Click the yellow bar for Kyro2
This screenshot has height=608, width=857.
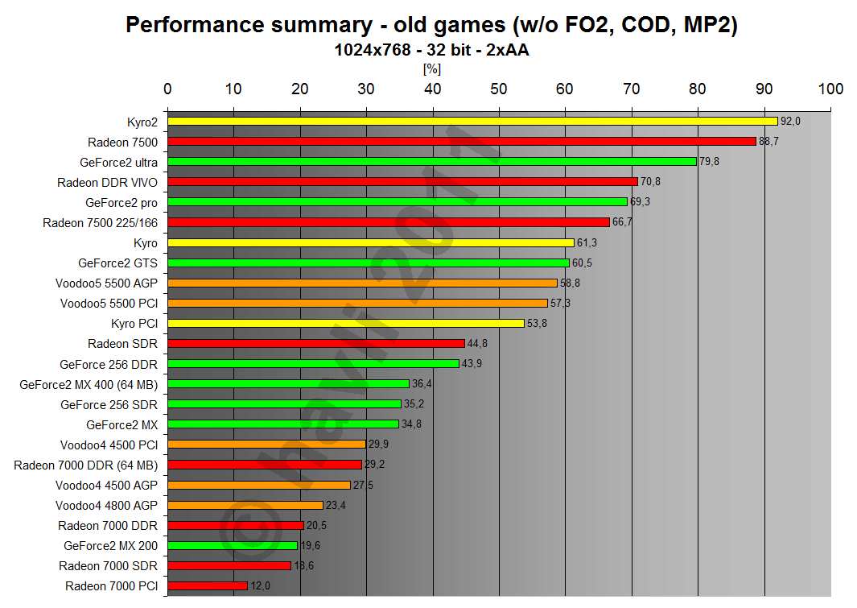pyautogui.click(x=472, y=121)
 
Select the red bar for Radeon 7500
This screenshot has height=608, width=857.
pyautogui.click(x=461, y=141)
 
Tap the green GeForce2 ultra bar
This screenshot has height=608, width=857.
pyautogui.click(x=431, y=161)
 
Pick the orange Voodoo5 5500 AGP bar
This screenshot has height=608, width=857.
pyautogui.click(x=362, y=283)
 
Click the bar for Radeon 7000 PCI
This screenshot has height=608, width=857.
pyautogui.click(x=208, y=585)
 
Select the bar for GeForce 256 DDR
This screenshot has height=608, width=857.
pyautogui.click(x=313, y=363)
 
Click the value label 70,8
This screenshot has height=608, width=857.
pyautogui.click(x=650, y=182)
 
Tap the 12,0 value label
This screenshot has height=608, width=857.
pyautogui.click(x=261, y=586)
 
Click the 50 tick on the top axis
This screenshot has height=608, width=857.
pyautogui.click(x=499, y=89)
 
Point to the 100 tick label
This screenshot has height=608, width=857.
pyautogui.click(x=830, y=89)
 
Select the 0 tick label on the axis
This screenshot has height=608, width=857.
pyautogui.click(x=167, y=89)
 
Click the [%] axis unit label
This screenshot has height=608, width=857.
pyautogui.click(x=432, y=69)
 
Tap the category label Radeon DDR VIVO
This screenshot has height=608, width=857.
pyautogui.click(x=107, y=182)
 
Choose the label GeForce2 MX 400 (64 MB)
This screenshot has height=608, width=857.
pyautogui.click(x=89, y=384)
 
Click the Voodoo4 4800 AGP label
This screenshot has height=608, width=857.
pyautogui.click(x=106, y=505)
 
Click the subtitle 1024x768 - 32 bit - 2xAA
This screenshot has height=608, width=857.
pyautogui.click(x=432, y=50)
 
